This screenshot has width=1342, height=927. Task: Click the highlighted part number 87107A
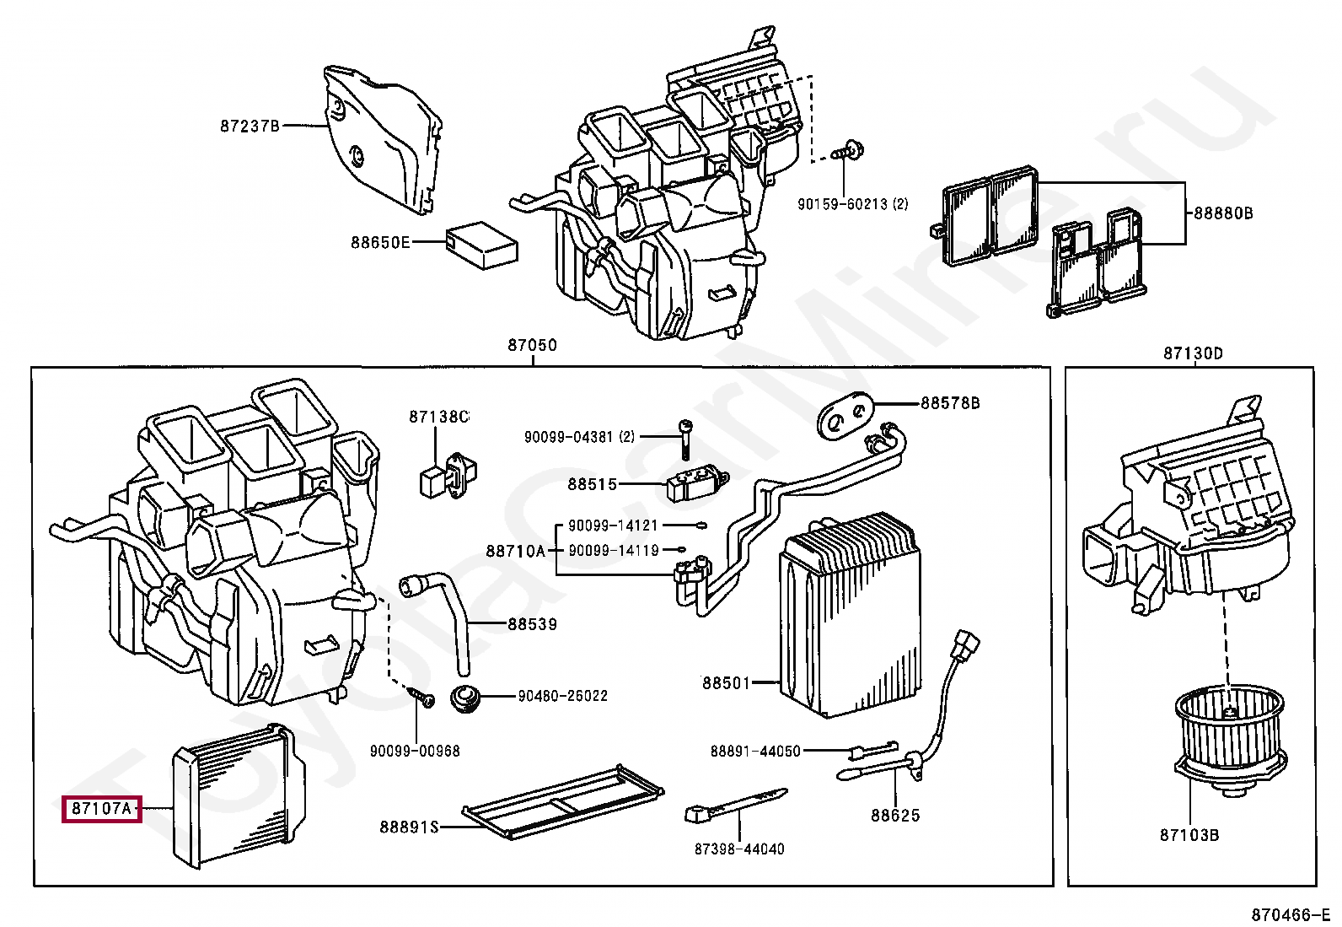point(101,809)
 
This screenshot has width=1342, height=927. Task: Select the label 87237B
point(250,126)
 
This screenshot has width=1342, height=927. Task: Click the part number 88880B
point(1223,213)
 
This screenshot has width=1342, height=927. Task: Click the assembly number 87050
point(532,345)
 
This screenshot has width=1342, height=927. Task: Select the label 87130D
point(1192,353)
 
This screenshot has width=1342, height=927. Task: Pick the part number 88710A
point(515,551)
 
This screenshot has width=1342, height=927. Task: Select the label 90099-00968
point(415,751)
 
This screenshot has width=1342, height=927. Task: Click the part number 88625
point(895,815)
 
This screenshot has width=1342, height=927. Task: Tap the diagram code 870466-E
point(1290,914)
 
